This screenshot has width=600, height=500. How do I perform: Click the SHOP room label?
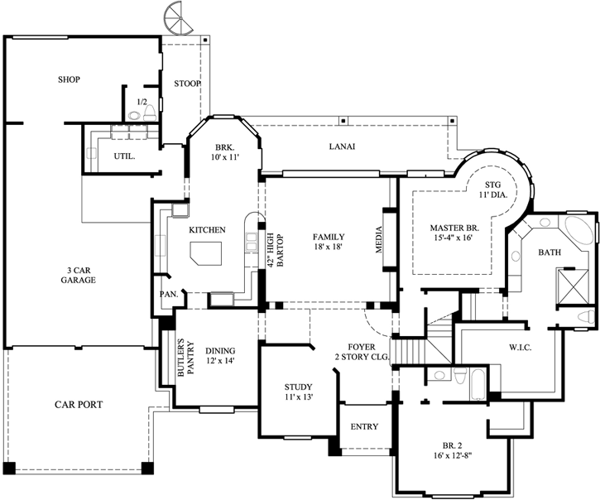click(x=69, y=79)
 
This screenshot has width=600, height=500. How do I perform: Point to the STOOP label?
click(x=187, y=84)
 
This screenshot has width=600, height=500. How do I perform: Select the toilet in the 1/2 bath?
click(x=149, y=113)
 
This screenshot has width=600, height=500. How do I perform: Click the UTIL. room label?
click(x=124, y=156)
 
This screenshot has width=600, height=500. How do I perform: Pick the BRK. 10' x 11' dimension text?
click(x=224, y=152)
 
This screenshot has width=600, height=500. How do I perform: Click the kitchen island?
click(x=206, y=253)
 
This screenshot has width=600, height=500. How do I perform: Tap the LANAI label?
click(x=342, y=147)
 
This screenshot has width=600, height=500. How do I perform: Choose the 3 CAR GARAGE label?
click(x=78, y=276)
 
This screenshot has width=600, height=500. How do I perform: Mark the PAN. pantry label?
click(x=169, y=295)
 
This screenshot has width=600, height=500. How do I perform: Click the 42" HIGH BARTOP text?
click(x=275, y=250)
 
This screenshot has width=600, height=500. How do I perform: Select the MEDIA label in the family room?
click(x=379, y=240)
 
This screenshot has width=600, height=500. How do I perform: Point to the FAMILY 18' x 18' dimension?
click(x=329, y=242)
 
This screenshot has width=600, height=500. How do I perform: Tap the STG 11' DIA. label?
click(x=493, y=190)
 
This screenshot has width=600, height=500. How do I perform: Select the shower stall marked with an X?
click(x=572, y=286)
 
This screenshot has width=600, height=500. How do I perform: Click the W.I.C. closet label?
click(x=520, y=348)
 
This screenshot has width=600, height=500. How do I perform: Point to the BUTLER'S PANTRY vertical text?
click(x=185, y=358)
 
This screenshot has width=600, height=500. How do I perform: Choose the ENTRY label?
click(x=364, y=426)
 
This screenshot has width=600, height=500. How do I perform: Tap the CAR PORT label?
click(x=79, y=404)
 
